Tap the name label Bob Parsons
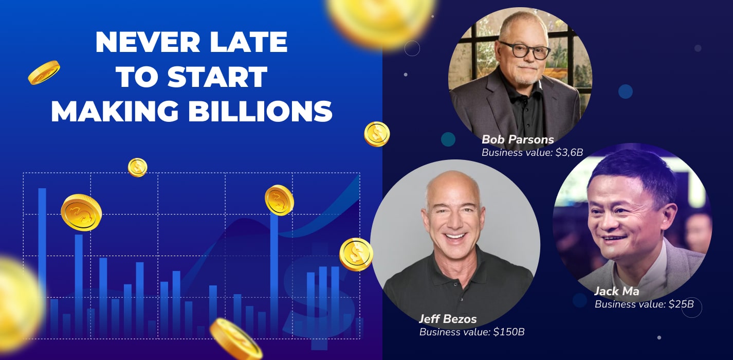click(518, 139)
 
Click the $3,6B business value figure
click(569, 152)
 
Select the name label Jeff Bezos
click(448, 319)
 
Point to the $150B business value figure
click(509, 332)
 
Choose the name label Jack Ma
click(616, 291)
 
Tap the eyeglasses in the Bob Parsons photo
click(524, 50)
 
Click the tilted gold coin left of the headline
click(44, 73)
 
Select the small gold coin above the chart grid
click(137, 167)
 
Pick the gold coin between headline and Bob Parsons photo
click(377, 134)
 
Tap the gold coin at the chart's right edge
click(356, 255)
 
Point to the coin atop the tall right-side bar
click(279, 200)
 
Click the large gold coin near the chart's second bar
click(81, 212)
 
